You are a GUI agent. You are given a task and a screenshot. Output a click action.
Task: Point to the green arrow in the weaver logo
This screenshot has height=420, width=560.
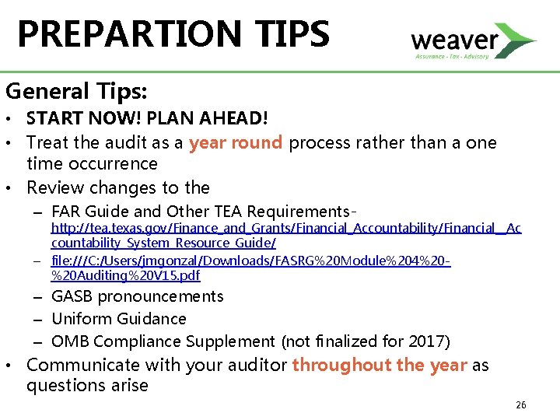516,39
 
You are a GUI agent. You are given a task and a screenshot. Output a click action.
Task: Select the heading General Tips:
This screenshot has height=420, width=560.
76,91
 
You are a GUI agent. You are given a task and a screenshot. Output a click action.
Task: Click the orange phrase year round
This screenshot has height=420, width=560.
236,143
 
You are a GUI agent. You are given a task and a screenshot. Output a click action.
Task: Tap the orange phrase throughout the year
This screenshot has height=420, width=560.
380,365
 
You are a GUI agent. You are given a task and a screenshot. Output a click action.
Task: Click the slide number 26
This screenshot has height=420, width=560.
520,405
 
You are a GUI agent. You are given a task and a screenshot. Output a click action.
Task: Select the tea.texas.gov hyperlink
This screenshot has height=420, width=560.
285,228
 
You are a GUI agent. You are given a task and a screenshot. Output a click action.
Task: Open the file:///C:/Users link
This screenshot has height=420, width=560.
250,261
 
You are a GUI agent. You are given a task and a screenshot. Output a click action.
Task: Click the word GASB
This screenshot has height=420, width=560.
72,296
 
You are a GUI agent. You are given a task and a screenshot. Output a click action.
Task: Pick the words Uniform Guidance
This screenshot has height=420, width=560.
119,319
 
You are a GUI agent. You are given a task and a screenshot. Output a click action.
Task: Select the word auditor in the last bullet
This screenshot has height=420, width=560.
258,365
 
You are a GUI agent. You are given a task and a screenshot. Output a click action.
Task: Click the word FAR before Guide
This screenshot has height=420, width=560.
67,211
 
